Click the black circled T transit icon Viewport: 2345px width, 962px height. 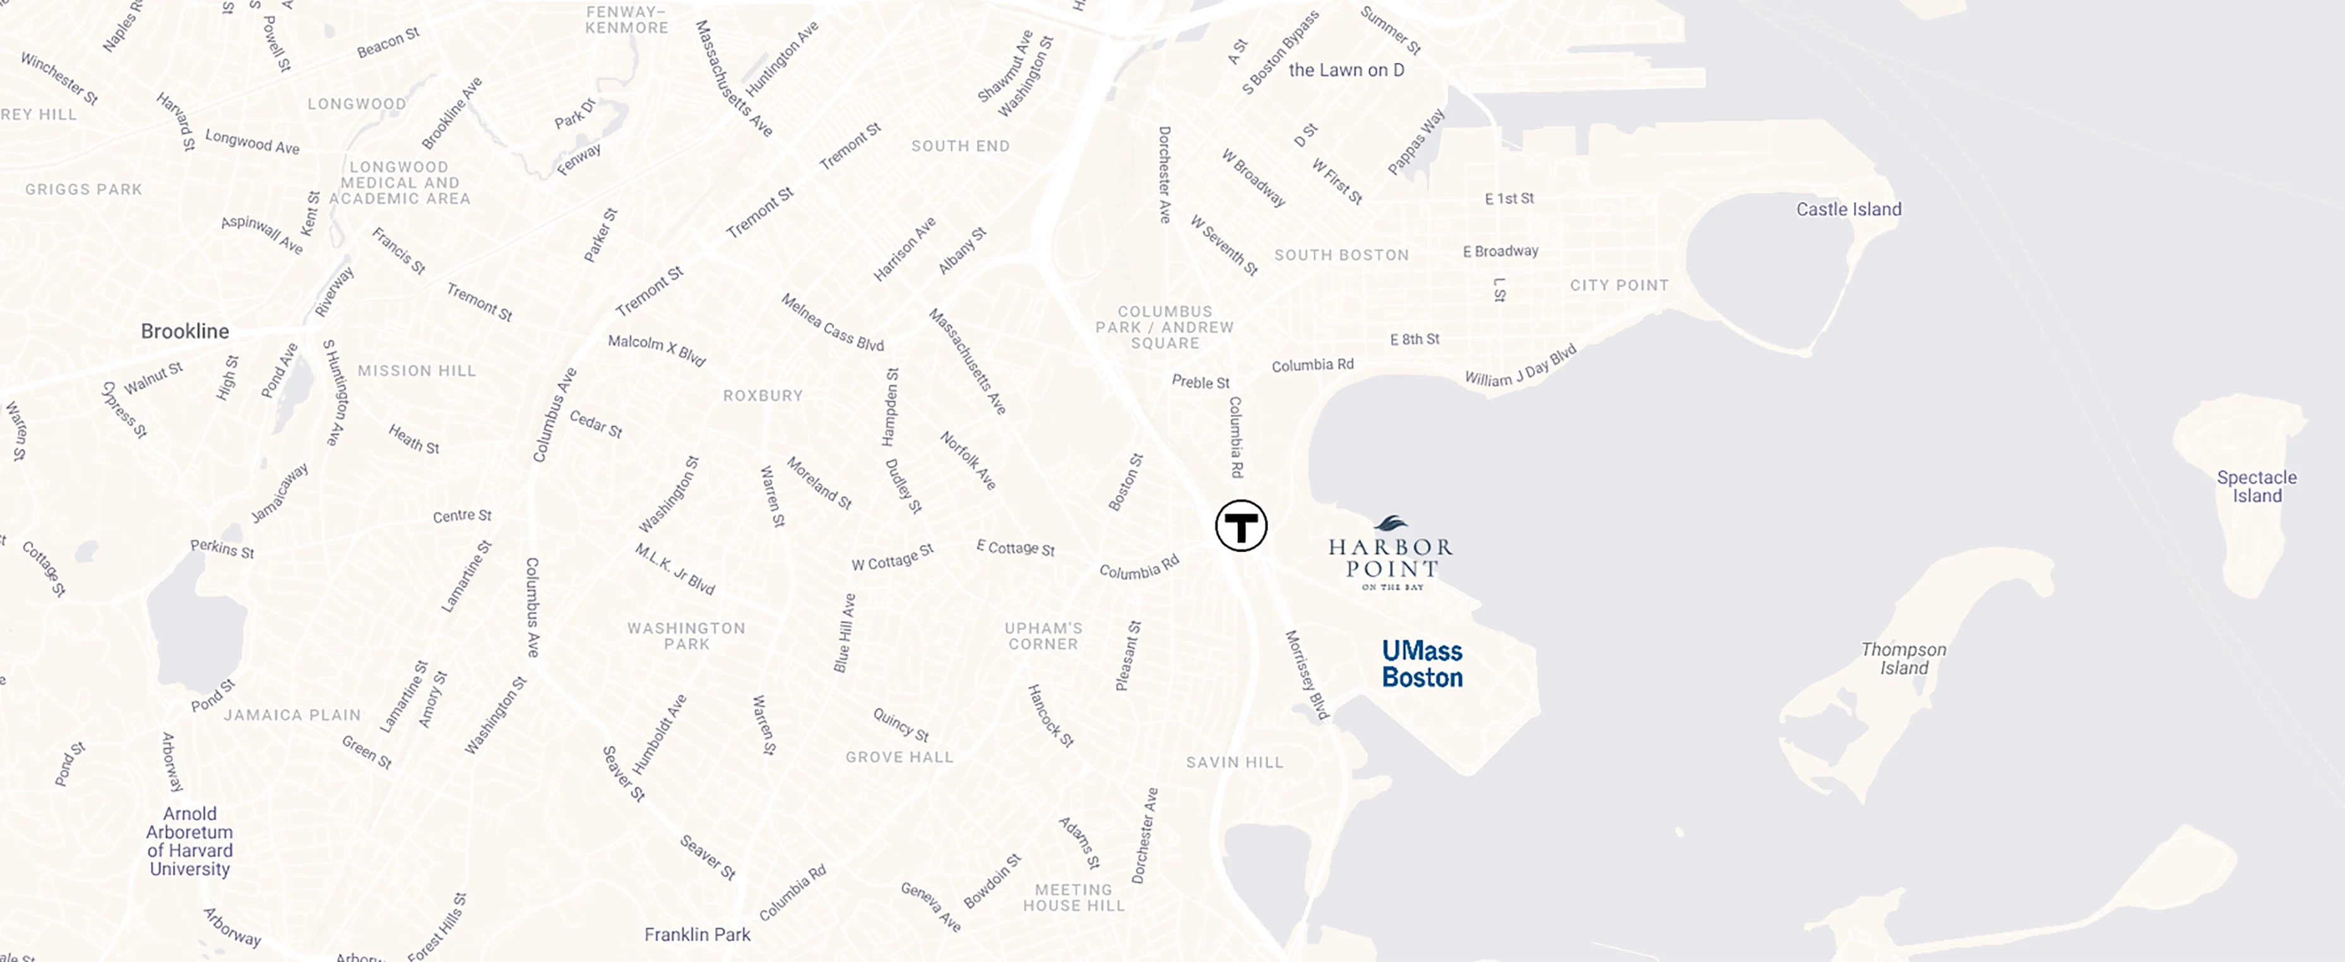(x=1241, y=525)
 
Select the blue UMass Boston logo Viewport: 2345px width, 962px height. (x=1422, y=664)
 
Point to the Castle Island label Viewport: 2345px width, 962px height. (x=1848, y=209)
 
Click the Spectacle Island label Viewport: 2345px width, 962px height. (x=2256, y=486)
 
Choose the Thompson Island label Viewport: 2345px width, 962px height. (x=1904, y=658)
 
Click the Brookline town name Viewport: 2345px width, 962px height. (x=185, y=331)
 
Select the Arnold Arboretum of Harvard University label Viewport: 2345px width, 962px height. (x=189, y=841)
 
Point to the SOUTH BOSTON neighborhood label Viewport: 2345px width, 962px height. (x=1341, y=255)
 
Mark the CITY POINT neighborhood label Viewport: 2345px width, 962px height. (x=1618, y=285)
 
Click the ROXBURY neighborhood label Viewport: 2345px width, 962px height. (x=763, y=395)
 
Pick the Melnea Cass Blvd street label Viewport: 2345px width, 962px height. (x=832, y=322)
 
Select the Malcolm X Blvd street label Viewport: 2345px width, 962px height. (x=656, y=349)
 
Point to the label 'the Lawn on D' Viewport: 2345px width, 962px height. (x=1346, y=70)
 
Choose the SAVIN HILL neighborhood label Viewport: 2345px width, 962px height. (x=1235, y=763)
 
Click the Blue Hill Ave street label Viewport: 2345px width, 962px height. (x=845, y=633)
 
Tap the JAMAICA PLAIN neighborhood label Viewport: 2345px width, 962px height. (x=292, y=715)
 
